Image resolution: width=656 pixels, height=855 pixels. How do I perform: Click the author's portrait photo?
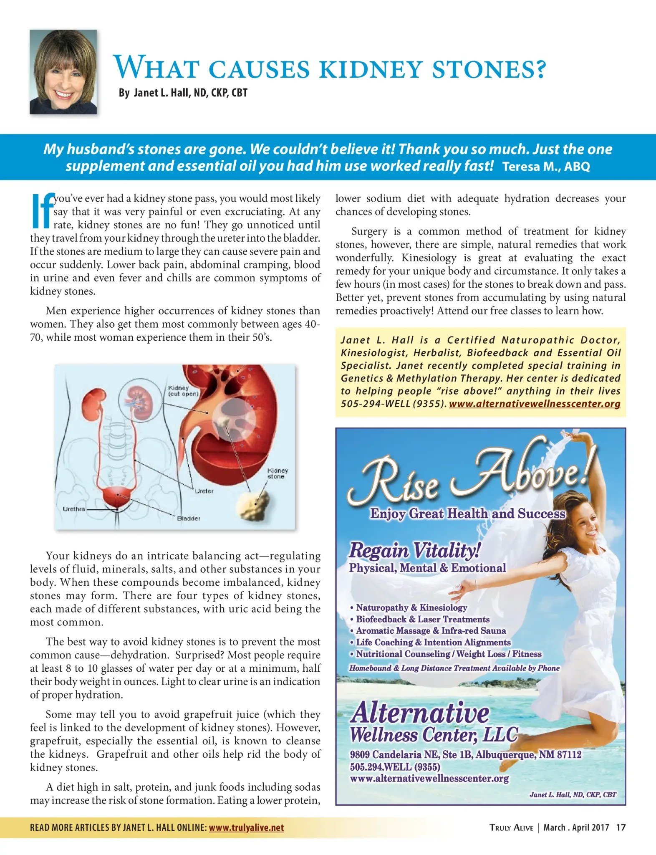coord(63,72)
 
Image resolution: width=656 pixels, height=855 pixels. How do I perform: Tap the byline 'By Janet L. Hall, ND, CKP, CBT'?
coord(183,93)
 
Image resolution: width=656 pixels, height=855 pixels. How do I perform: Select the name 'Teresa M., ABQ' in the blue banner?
coord(546,167)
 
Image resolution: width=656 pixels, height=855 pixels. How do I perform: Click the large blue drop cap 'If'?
coord(42,210)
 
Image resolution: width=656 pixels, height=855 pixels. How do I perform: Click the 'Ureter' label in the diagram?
coord(204,491)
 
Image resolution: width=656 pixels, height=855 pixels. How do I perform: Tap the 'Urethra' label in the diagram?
coord(74,509)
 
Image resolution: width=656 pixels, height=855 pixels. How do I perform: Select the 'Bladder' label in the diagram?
coord(189,519)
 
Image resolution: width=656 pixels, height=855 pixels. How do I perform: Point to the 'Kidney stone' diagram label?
coord(278,473)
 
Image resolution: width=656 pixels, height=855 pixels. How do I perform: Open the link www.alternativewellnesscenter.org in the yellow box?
coord(535,404)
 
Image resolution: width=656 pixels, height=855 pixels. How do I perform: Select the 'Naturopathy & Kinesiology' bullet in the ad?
coord(411,607)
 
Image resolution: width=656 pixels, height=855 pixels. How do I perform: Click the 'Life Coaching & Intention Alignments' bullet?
coord(433,642)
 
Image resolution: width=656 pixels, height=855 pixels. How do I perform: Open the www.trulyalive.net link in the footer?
coord(246,827)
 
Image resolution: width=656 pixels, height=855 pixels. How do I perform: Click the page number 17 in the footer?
coord(621,827)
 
